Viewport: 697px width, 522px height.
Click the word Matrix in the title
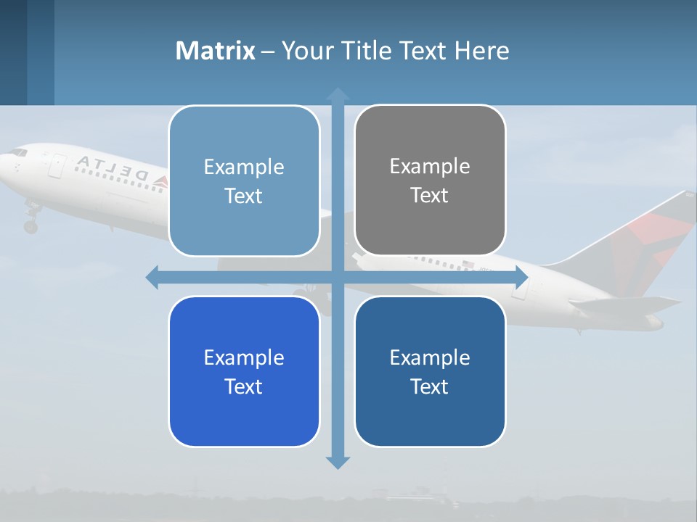tap(215, 51)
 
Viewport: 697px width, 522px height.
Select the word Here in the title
tap(481, 51)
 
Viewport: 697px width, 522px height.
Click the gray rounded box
tap(430, 180)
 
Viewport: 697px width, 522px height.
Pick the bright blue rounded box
tap(244, 371)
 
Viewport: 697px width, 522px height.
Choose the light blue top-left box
tap(244, 181)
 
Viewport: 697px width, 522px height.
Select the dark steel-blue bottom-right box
tap(430, 371)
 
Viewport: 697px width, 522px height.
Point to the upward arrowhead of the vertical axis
tap(337, 94)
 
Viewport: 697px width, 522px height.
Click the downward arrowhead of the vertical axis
tap(337, 462)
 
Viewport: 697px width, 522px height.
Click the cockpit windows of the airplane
tap(18, 152)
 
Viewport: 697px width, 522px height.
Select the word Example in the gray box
tap(430, 166)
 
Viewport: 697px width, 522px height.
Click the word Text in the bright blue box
tap(244, 386)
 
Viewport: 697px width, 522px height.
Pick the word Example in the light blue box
tap(244, 167)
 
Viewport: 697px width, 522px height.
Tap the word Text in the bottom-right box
tap(430, 386)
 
